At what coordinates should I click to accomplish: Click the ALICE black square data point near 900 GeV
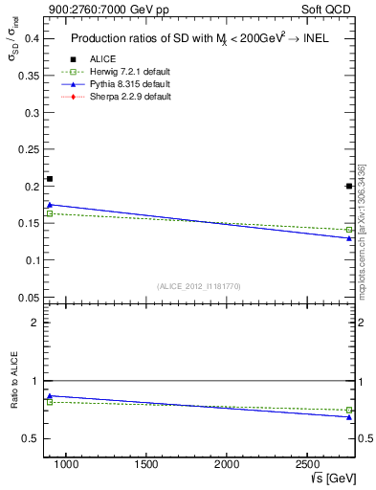point(50,179)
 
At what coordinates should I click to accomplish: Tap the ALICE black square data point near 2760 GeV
point(349,186)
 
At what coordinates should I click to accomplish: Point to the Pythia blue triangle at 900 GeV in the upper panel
point(50,204)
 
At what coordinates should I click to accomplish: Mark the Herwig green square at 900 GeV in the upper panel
point(50,213)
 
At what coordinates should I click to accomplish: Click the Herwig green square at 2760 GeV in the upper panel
point(349,230)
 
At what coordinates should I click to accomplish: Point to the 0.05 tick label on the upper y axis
point(27,297)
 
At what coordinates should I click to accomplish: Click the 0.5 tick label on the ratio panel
point(32,438)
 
